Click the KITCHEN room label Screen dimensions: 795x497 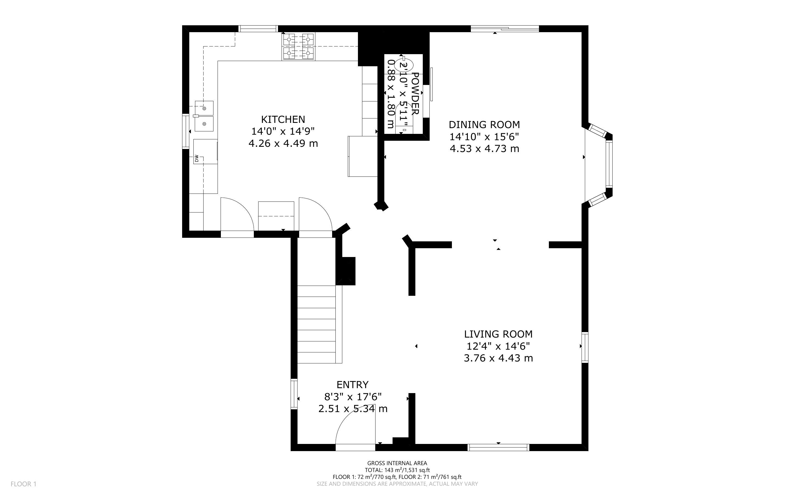283,119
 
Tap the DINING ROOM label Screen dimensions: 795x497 484,125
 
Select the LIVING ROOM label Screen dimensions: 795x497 498,334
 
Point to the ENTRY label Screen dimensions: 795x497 352,385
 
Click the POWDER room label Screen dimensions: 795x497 415,93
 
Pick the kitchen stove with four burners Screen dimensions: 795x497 298,46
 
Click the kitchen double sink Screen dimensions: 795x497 204,116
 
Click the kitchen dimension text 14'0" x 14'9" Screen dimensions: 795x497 283,131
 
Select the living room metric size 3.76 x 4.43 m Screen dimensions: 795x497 498,358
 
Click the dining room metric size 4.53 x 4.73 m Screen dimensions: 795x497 484,148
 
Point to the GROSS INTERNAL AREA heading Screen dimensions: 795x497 397,463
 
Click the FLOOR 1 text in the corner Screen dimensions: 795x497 23,484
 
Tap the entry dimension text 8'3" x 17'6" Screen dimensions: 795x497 353,397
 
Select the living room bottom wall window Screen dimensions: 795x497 499,447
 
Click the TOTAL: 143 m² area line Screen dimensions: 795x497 397,470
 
